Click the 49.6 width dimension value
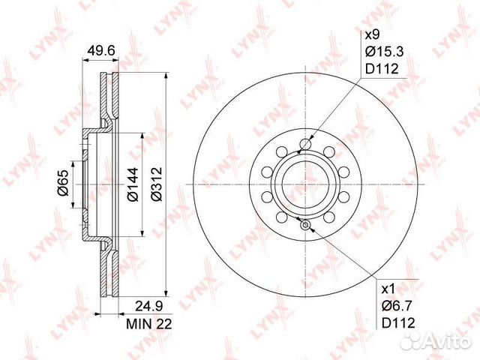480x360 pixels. [101, 50]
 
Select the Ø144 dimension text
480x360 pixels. [133, 184]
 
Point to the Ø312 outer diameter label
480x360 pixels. [156, 184]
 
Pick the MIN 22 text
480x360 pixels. [149, 323]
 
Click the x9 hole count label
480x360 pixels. [373, 35]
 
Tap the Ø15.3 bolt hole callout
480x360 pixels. [385, 52]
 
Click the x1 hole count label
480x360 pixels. [388, 288]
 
